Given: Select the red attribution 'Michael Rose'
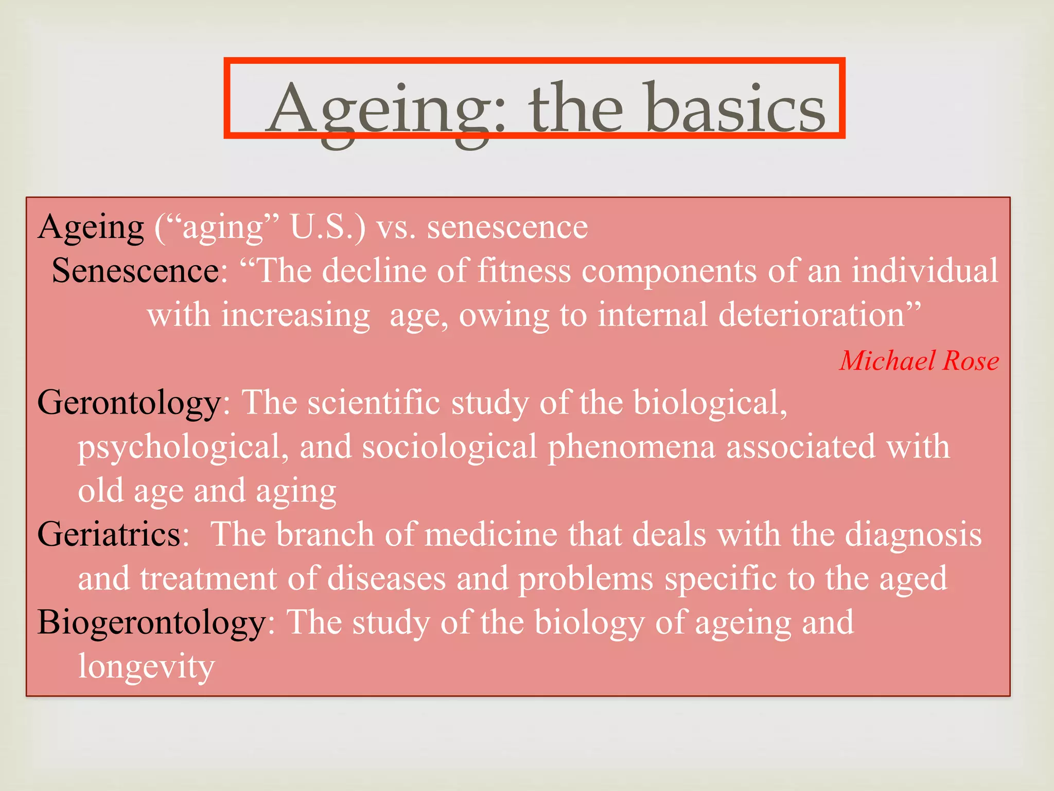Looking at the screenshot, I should coord(919,360).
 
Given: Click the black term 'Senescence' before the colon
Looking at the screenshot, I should coord(136,271).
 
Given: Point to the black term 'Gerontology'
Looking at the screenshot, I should coord(129,403).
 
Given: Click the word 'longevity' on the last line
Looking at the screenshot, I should coord(146,667).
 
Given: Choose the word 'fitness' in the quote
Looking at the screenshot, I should coord(524,271).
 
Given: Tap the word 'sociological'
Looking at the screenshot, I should coord(450,446).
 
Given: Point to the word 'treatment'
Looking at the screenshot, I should coord(208,578).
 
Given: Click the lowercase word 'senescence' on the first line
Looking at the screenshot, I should coord(507,227).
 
